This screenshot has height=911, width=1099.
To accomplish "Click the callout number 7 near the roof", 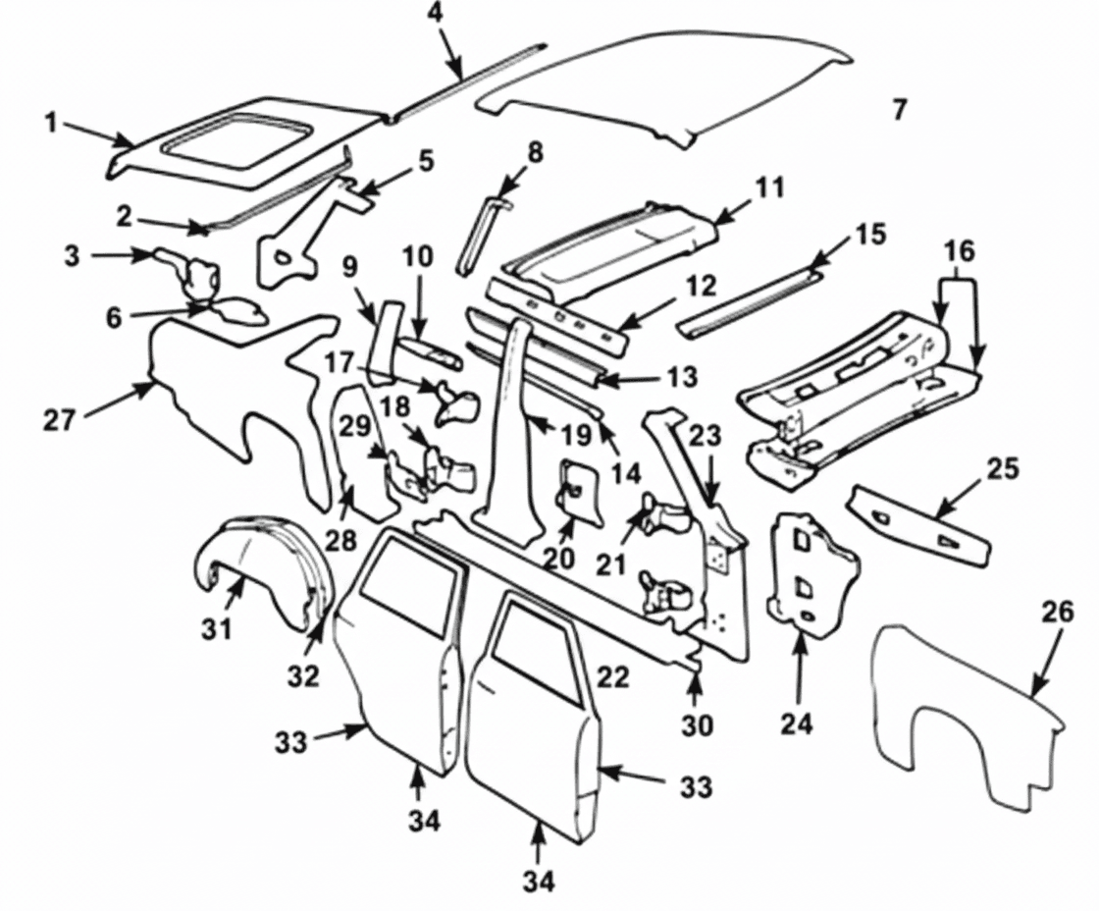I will point(899,109).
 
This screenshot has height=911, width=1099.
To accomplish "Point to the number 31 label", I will point(217,627).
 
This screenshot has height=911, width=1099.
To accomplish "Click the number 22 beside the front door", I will point(612,677).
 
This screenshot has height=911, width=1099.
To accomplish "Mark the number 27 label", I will point(59,420).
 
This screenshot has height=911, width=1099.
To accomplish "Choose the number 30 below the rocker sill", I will point(699,725).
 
